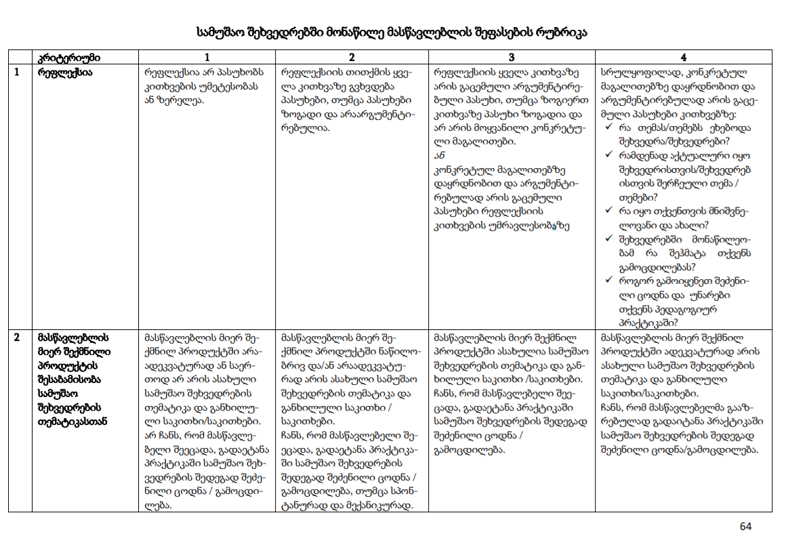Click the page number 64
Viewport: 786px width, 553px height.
[x=745, y=527]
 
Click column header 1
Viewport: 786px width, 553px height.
[x=207, y=57]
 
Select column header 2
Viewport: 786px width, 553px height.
[x=352, y=57]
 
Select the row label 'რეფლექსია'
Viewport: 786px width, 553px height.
[x=66, y=70]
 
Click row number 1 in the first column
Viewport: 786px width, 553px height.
[x=16, y=70]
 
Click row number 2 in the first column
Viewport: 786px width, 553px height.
[x=16, y=336]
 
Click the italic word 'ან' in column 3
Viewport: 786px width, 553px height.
[x=438, y=156]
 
